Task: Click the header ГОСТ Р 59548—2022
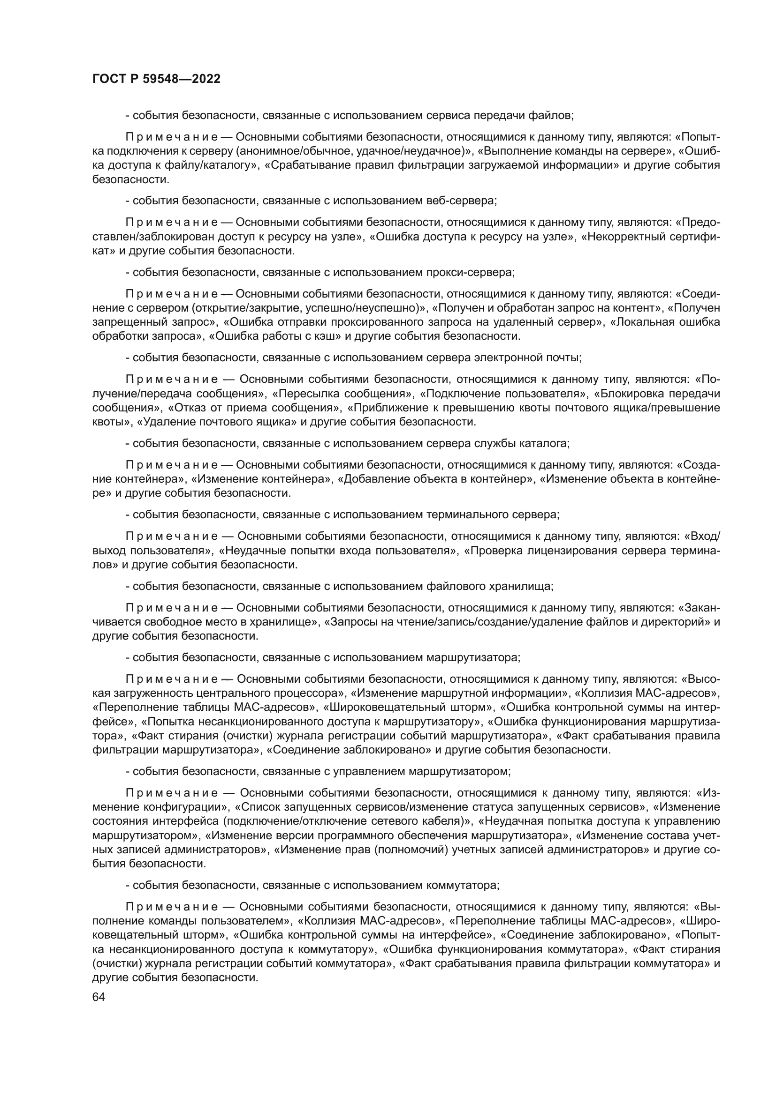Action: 156,79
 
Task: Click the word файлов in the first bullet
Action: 555,115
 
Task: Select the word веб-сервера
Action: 461,201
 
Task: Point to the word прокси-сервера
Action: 470,272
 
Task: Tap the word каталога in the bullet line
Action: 548,443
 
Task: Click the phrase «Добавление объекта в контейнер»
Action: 436,479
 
